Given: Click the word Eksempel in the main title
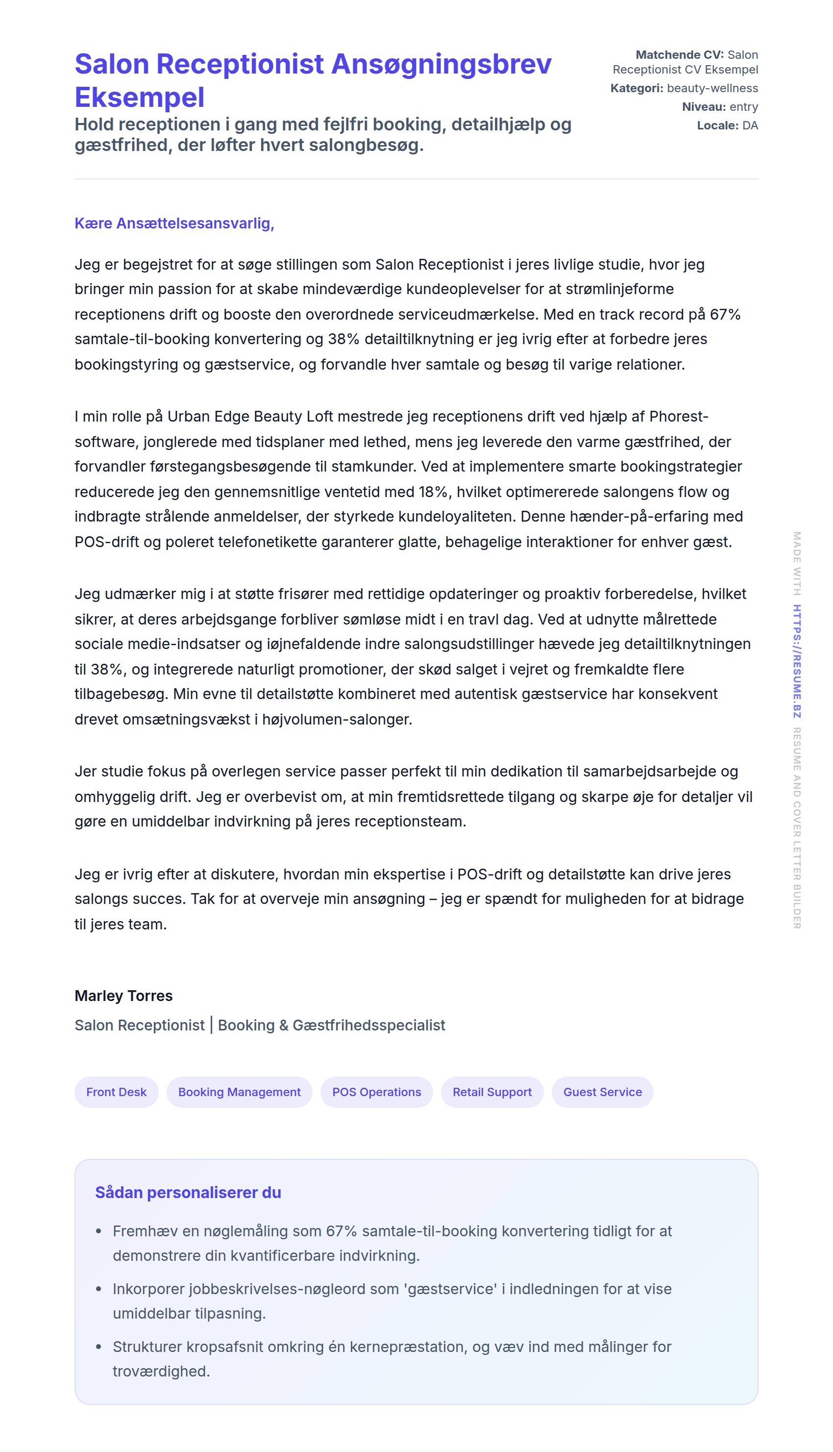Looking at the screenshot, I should tap(139, 97).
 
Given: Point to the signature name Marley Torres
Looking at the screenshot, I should tap(123, 995).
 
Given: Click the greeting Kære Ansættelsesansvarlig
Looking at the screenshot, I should tap(174, 223).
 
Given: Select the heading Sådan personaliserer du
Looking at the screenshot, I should tap(188, 1192).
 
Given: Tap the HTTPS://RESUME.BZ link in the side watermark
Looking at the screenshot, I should tap(796, 661).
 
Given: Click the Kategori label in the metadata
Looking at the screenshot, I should tap(636, 88).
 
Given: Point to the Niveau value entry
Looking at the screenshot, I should tap(743, 107).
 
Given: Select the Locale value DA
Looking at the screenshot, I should tap(750, 125).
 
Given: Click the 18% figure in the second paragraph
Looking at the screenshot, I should tap(434, 492).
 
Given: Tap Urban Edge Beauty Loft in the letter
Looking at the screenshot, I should tap(250, 416).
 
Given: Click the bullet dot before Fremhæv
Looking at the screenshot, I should tap(98, 1230).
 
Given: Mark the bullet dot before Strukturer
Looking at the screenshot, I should tap(98, 1346).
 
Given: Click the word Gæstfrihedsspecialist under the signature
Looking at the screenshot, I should tap(368, 1025).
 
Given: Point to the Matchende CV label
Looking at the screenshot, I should tap(679, 55).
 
